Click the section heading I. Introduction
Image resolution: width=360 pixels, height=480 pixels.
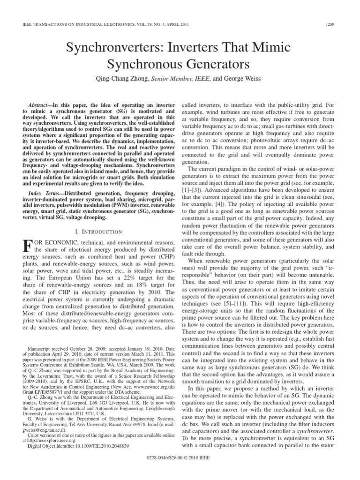[x=99, y=232]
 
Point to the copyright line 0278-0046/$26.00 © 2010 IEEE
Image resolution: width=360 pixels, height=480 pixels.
[x=180, y=469]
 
